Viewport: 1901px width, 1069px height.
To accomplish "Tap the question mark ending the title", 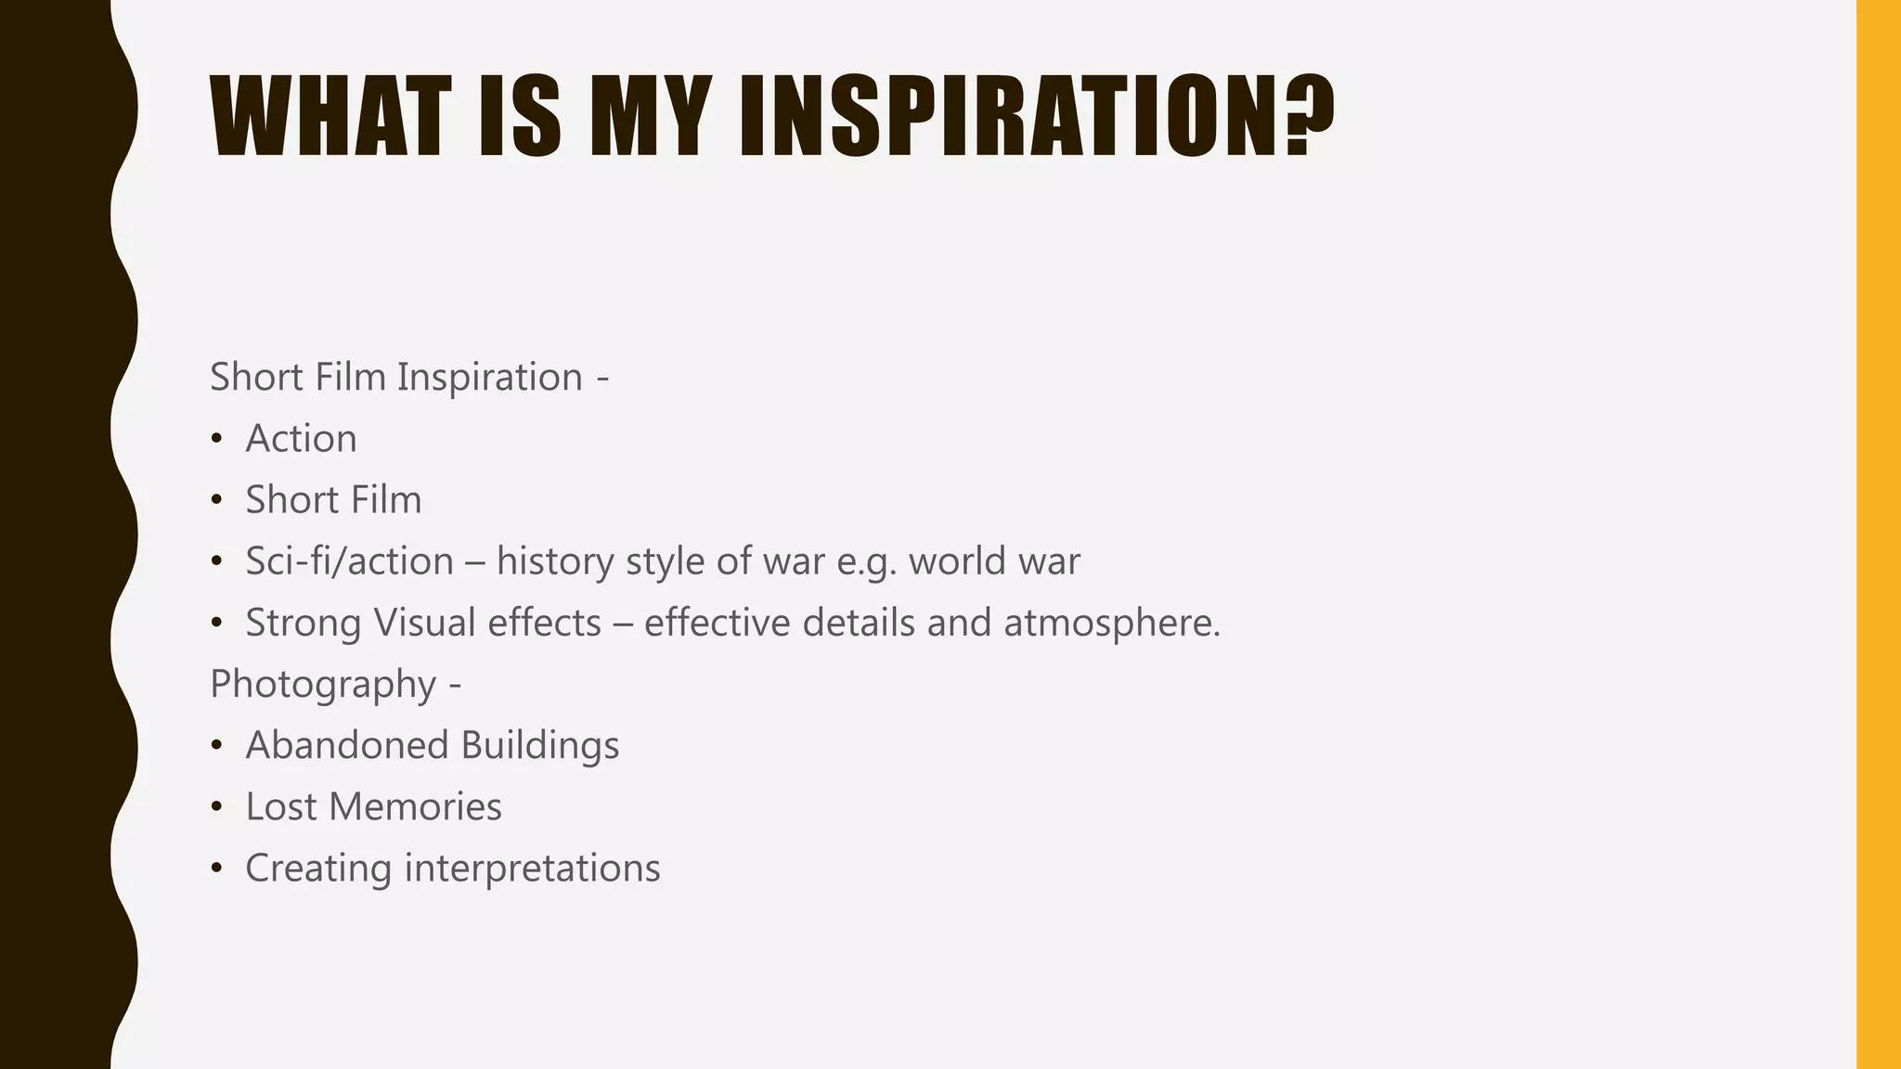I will (1309, 116).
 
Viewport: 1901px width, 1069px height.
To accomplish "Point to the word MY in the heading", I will (645, 116).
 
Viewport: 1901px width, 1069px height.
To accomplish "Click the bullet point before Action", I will (216, 438).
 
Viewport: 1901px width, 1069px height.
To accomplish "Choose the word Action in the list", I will (301, 438).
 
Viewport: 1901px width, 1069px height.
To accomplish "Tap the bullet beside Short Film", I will (216, 499).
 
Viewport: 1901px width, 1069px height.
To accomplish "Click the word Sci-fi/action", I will (349, 561).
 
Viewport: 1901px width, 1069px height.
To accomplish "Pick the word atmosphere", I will (1112, 623).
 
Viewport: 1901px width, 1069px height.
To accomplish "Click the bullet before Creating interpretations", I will (216, 868).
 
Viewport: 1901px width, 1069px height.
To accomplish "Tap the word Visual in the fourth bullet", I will (424, 623).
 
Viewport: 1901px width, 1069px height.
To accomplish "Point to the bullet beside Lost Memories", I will (216, 806).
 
